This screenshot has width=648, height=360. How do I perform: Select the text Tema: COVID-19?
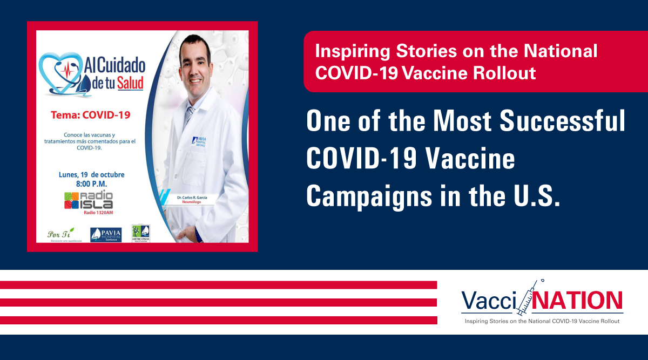pyautogui.click(x=90, y=115)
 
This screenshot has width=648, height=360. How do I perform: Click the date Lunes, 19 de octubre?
pyautogui.click(x=91, y=174)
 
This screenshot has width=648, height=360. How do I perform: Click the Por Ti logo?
pyautogui.click(x=60, y=235)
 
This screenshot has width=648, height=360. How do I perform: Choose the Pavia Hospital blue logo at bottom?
pyautogui.click(x=106, y=234)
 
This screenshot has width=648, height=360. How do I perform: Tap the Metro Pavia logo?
pyautogui.click(x=141, y=233)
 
